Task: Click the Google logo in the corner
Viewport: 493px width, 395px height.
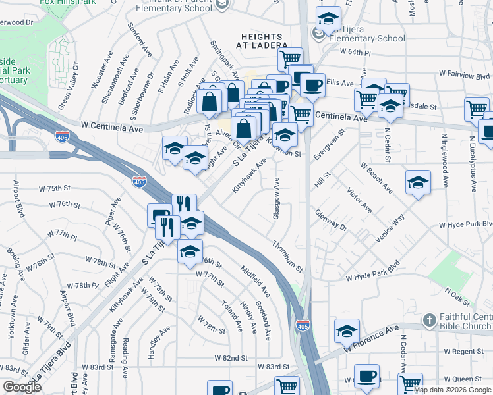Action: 21,387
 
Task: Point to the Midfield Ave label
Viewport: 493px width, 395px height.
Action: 255,280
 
